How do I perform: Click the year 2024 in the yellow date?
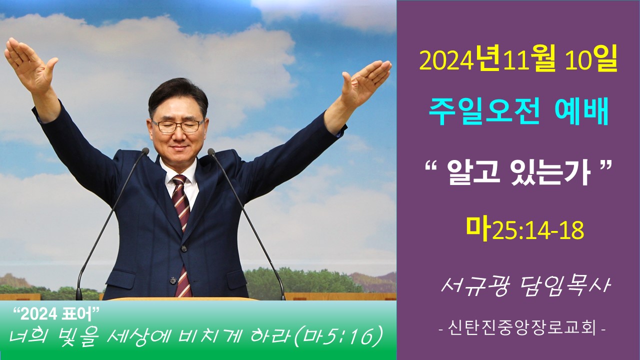point(445,61)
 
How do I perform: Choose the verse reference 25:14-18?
point(538,231)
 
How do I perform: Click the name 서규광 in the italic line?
point(475,285)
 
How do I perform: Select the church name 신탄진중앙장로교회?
point(522,328)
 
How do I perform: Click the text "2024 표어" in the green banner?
point(56,314)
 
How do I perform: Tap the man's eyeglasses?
point(177,125)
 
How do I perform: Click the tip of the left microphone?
point(145,151)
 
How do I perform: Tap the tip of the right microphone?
point(211,151)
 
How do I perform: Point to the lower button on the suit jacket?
point(172,280)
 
